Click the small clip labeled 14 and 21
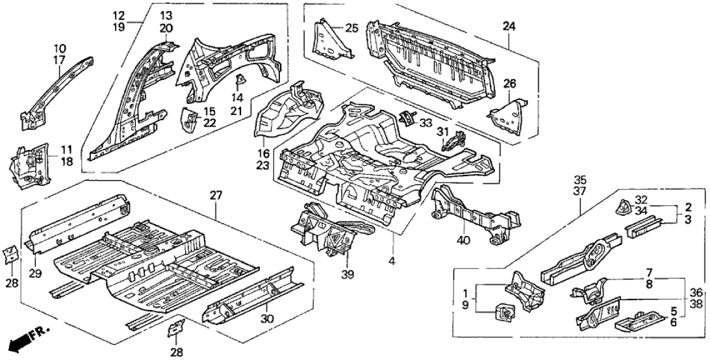click(240, 81)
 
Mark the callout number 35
click(581, 179)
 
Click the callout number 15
click(209, 111)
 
